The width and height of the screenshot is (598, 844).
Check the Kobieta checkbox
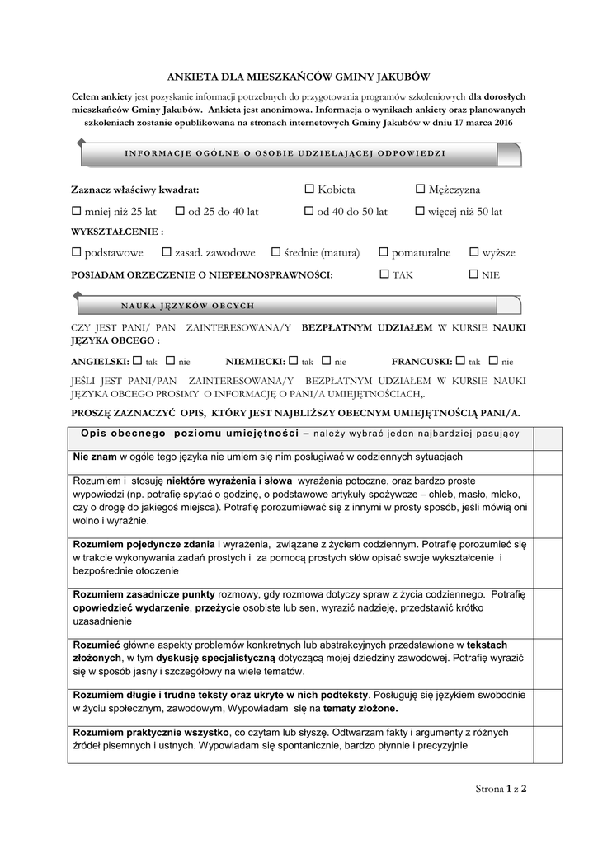pyautogui.click(x=309, y=190)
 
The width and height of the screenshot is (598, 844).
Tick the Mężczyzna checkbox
pyautogui.click(x=420, y=190)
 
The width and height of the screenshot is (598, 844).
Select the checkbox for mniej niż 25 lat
pyautogui.click(x=77, y=212)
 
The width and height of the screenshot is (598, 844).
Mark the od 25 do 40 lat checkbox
pyautogui.click(x=180, y=212)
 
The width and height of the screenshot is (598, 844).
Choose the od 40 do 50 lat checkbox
pyautogui.click(x=309, y=212)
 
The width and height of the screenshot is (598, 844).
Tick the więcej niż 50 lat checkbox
pyautogui.click(x=420, y=212)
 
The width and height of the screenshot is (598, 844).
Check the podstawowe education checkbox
pyautogui.click(x=77, y=252)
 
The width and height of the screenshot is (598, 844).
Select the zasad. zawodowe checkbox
pyautogui.click(x=166, y=252)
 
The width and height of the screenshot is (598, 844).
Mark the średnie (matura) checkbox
pyautogui.click(x=290, y=252)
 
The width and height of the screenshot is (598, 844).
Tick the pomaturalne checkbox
pyautogui.click(x=384, y=252)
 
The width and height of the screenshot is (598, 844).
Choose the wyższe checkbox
pyautogui.click(x=474, y=252)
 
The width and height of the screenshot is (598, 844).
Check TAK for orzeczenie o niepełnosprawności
pyautogui.click(x=384, y=274)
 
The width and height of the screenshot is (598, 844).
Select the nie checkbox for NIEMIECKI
pyautogui.click(x=326, y=361)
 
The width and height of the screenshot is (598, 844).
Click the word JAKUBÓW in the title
pyautogui.click(x=400, y=77)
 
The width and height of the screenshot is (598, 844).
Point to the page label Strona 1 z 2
pyautogui.click(x=501, y=789)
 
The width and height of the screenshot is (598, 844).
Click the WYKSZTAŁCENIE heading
pyautogui.click(x=117, y=232)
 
